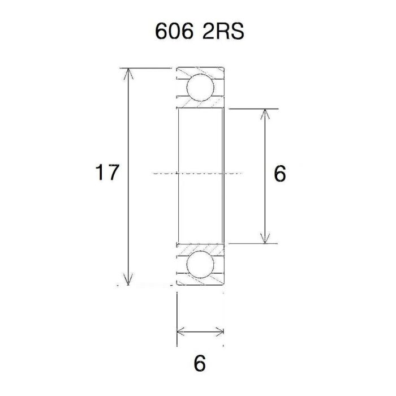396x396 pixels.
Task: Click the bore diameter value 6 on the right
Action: point(279,174)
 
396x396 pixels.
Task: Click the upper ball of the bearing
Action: point(200,87)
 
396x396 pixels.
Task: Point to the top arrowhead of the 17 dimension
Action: point(130,72)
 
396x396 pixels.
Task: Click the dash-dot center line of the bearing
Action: point(198,172)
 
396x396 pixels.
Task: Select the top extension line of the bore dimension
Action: point(255,108)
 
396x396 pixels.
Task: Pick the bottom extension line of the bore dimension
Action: point(255,244)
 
